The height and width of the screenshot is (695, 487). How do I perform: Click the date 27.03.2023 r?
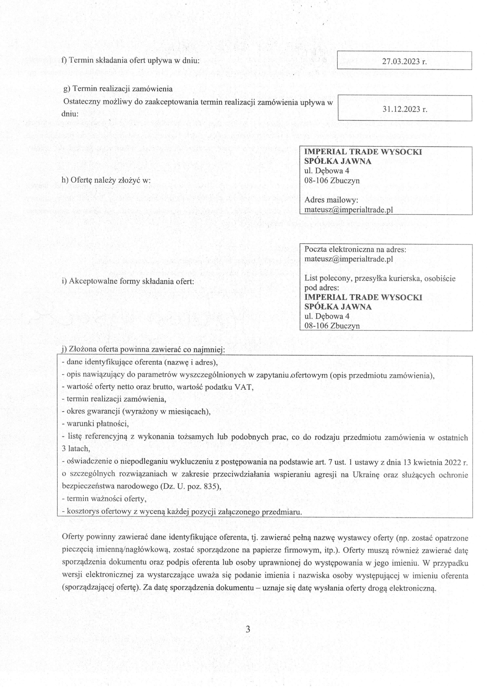(x=404, y=61)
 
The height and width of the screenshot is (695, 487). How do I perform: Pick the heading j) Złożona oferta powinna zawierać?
(x=143, y=349)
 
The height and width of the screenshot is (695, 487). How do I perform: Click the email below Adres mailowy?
(x=348, y=210)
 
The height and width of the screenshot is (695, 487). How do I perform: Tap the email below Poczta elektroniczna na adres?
(x=348, y=259)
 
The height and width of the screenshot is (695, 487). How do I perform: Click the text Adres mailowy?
(x=331, y=200)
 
